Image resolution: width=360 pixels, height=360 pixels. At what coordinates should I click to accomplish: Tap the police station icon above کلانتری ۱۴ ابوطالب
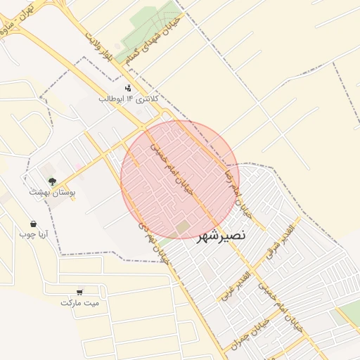tap(128, 88)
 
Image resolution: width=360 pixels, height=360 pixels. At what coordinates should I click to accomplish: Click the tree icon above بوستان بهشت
tap(52, 182)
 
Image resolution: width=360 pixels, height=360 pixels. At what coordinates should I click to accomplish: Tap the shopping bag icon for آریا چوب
tap(34, 224)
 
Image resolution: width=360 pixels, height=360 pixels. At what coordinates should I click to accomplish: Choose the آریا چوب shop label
tap(32, 233)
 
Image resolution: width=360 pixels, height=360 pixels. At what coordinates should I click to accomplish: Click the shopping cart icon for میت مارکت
tap(80, 291)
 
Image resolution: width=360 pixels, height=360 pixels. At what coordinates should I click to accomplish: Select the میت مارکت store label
tap(80, 302)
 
